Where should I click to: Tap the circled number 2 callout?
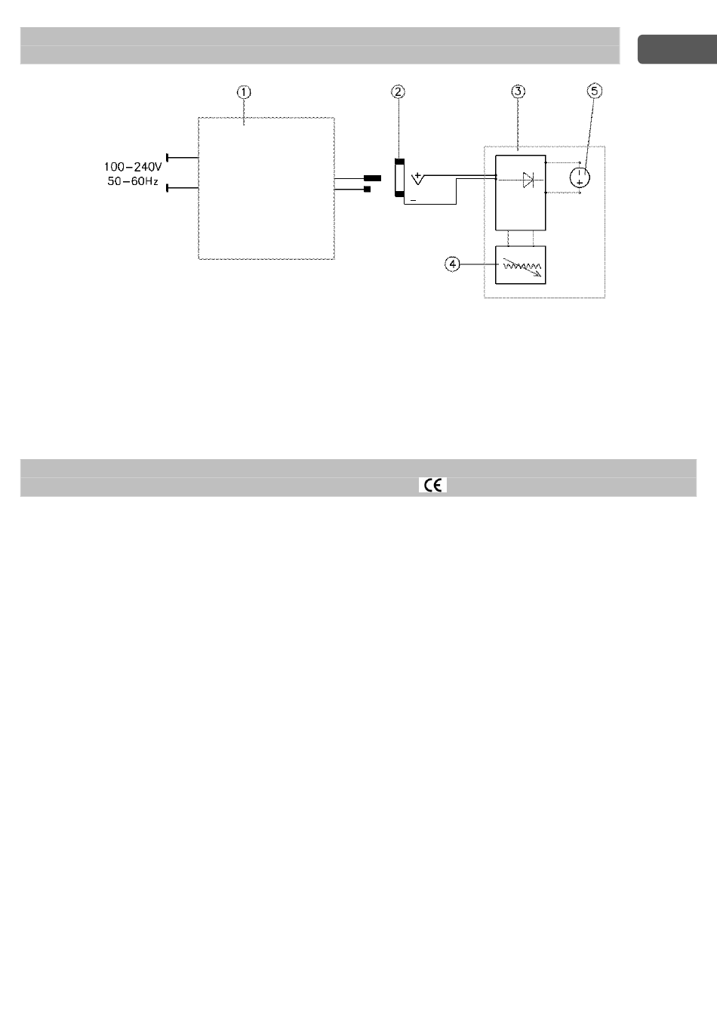click(x=398, y=91)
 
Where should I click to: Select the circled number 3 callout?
click(x=518, y=91)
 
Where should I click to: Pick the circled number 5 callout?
click(x=595, y=91)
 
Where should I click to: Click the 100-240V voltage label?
click(x=133, y=168)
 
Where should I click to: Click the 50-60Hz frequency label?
click(x=133, y=182)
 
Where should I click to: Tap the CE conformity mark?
click(x=432, y=486)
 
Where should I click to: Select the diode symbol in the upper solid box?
click(x=528, y=180)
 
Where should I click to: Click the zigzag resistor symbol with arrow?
click(x=520, y=266)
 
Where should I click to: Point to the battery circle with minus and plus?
click(x=580, y=177)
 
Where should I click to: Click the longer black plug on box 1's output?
click(x=372, y=179)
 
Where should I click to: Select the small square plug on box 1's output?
click(x=368, y=189)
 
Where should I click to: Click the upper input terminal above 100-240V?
click(x=168, y=158)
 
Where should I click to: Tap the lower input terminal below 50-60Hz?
click(x=168, y=189)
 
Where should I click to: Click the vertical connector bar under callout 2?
click(x=400, y=177)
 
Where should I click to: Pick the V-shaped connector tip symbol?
click(x=417, y=181)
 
